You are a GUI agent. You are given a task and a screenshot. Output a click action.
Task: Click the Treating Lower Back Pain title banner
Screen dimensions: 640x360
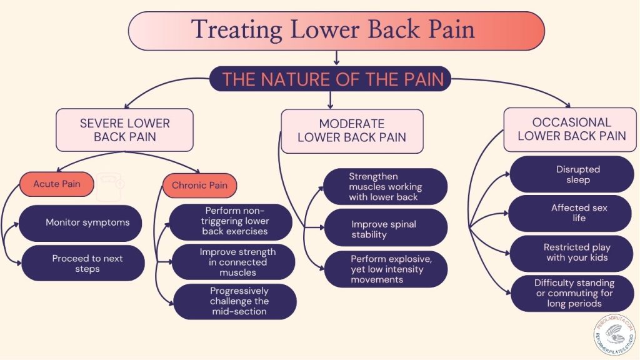click(336, 31)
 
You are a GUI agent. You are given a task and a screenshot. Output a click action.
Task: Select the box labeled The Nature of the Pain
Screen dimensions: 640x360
click(330, 79)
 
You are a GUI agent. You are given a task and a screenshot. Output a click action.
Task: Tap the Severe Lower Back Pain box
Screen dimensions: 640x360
click(124, 130)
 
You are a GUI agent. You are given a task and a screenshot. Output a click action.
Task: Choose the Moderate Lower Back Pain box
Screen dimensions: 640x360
click(352, 131)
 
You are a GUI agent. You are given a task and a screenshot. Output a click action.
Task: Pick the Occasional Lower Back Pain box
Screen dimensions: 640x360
click(570, 129)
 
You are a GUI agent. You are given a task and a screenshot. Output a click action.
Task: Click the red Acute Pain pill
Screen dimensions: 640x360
click(57, 184)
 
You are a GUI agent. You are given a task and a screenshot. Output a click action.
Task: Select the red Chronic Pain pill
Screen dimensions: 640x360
click(199, 185)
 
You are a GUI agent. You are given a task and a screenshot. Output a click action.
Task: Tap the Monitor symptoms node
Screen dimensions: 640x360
click(81, 223)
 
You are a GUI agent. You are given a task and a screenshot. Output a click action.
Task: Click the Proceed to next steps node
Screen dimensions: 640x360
click(83, 263)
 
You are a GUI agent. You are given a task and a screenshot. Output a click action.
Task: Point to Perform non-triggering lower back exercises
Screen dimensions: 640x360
click(231, 222)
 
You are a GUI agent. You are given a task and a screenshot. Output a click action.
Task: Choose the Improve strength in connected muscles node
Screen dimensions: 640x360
click(234, 262)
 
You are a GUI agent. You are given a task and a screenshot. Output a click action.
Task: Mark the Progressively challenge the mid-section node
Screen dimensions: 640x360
click(235, 302)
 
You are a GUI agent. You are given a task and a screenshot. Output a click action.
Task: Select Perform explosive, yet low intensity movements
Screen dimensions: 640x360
click(386, 269)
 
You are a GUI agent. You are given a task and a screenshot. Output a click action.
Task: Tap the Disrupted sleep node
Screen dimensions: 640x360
click(572, 174)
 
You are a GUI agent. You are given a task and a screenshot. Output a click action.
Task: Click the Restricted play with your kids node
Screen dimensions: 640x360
click(571, 253)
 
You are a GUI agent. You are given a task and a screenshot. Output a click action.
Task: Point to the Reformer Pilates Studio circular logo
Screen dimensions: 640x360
click(614, 335)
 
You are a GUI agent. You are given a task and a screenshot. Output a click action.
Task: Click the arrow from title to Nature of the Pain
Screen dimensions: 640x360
click(336, 58)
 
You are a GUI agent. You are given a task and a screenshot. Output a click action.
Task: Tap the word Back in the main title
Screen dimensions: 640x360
click(394, 29)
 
